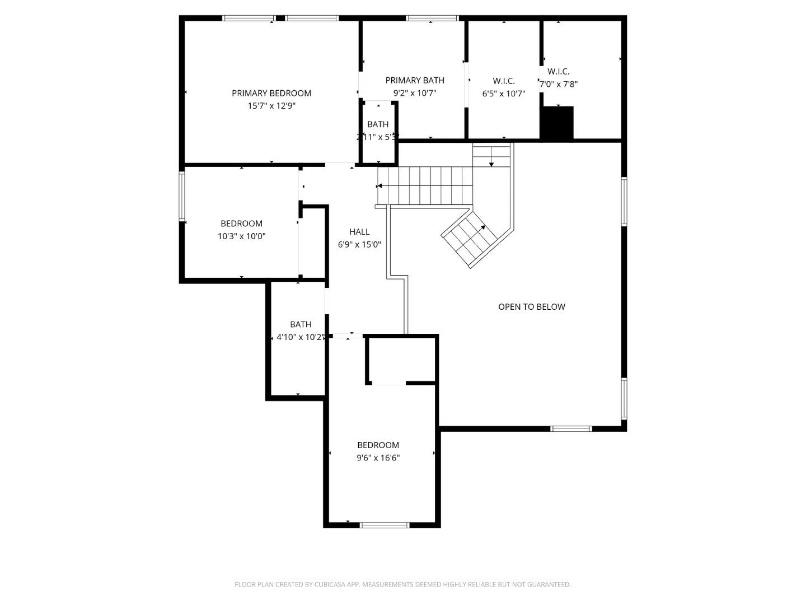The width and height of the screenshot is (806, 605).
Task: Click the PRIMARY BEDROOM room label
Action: click(271, 93)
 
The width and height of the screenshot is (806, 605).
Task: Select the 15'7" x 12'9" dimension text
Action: click(271, 106)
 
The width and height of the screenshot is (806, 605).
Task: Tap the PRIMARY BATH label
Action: click(415, 81)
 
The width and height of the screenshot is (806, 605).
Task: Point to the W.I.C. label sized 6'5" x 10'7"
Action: click(504, 81)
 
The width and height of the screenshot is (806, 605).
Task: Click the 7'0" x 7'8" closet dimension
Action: click(558, 85)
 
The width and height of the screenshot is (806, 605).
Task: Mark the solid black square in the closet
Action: click(557, 123)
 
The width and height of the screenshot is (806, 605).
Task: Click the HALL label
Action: click(359, 232)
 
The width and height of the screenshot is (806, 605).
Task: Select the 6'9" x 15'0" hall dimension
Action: click(359, 244)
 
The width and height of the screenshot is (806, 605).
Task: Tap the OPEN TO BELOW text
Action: click(532, 307)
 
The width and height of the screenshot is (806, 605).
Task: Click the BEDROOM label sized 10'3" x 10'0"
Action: click(241, 224)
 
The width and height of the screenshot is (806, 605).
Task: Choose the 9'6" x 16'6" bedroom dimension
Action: click(378, 458)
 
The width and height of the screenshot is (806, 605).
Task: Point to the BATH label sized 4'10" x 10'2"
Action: click(301, 324)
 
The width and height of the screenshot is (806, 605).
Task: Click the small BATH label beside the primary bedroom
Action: click(378, 124)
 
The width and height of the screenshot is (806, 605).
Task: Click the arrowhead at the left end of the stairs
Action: click(379, 186)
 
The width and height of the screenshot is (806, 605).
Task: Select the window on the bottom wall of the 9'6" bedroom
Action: click(384, 525)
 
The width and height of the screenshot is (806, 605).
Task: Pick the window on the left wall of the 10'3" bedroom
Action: click(182, 196)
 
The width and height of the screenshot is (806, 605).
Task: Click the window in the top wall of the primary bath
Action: click(432, 18)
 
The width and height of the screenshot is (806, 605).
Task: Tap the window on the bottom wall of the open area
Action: click(571, 429)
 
